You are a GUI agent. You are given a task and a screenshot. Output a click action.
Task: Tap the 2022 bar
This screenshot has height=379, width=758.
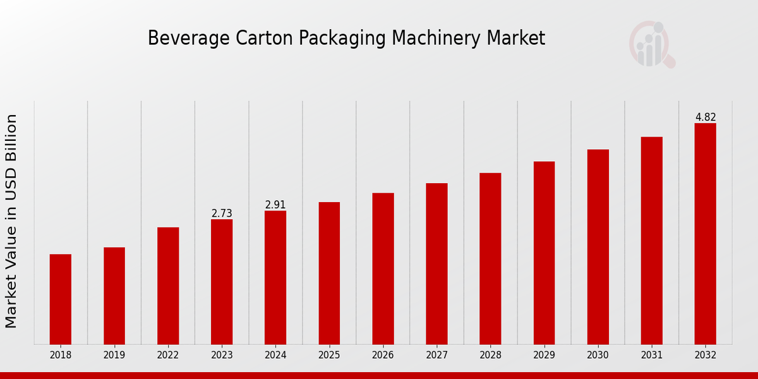coord(168,286)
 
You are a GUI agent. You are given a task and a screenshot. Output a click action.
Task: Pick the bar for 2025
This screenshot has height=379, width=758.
coord(329,273)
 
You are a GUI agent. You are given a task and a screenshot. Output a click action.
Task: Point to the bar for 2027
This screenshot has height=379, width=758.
coord(436,263)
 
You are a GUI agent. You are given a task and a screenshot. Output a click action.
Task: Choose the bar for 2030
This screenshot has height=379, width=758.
coord(598,246)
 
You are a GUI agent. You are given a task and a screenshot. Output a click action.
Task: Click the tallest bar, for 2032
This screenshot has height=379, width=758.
coord(705,234)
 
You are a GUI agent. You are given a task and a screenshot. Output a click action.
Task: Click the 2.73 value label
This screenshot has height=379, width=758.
coord(222,214)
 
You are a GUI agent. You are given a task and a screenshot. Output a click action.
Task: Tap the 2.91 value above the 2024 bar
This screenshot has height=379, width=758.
coord(275,205)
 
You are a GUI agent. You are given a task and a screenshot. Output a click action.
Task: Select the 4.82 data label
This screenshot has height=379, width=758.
coord(706,117)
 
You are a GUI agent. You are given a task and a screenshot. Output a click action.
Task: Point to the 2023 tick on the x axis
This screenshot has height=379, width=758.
coord(222,356)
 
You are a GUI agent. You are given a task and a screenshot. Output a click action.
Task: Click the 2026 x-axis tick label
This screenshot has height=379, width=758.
coord(383,356)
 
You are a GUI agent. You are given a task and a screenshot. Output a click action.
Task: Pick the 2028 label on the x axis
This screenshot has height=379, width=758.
coord(490,356)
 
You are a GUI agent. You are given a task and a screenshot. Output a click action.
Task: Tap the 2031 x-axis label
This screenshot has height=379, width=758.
coord(651,356)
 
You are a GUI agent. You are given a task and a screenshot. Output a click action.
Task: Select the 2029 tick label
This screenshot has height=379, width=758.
coord(544,356)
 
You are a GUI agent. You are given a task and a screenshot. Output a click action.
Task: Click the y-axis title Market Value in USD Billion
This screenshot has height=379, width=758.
coord(11,221)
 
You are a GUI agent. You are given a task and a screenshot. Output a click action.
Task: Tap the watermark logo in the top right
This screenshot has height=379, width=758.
coord(651,44)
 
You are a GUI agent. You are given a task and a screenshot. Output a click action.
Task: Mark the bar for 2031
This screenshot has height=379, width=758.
coord(651,240)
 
